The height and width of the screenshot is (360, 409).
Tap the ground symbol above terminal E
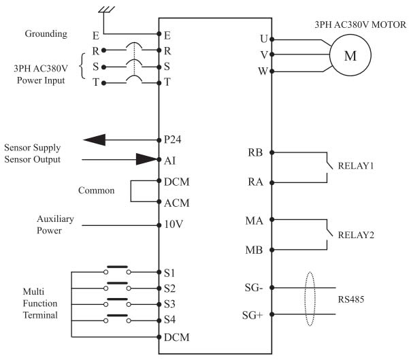[x=106, y=10]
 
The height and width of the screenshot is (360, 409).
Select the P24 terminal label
[x=172, y=140]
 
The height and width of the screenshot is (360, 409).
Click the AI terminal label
[x=170, y=161]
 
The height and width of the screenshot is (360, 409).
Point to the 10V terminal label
[x=174, y=224]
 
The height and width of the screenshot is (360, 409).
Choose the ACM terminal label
[x=176, y=203]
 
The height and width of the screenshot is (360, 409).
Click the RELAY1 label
[x=356, y=166]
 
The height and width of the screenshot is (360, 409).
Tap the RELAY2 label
[x=356, y=235]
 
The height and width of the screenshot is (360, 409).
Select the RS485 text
[x=351, y=299]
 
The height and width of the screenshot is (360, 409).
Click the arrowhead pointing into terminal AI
[x=146, y=159]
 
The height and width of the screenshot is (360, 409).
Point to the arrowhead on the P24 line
[x=95, y=140]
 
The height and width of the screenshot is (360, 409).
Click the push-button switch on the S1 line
[x=117, y=270]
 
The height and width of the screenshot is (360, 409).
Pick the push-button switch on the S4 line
[x=117, y=318]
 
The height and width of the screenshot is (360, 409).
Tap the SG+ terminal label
[x=252, y=315]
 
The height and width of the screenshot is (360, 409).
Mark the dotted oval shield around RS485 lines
[x=310, y=273]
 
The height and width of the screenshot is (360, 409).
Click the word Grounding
[x=46, y=34]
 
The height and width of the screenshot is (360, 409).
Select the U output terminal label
[x=264, y=39]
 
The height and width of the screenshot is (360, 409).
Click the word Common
[x=96, y=191]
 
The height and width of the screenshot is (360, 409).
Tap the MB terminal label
[x=254, y=250]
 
